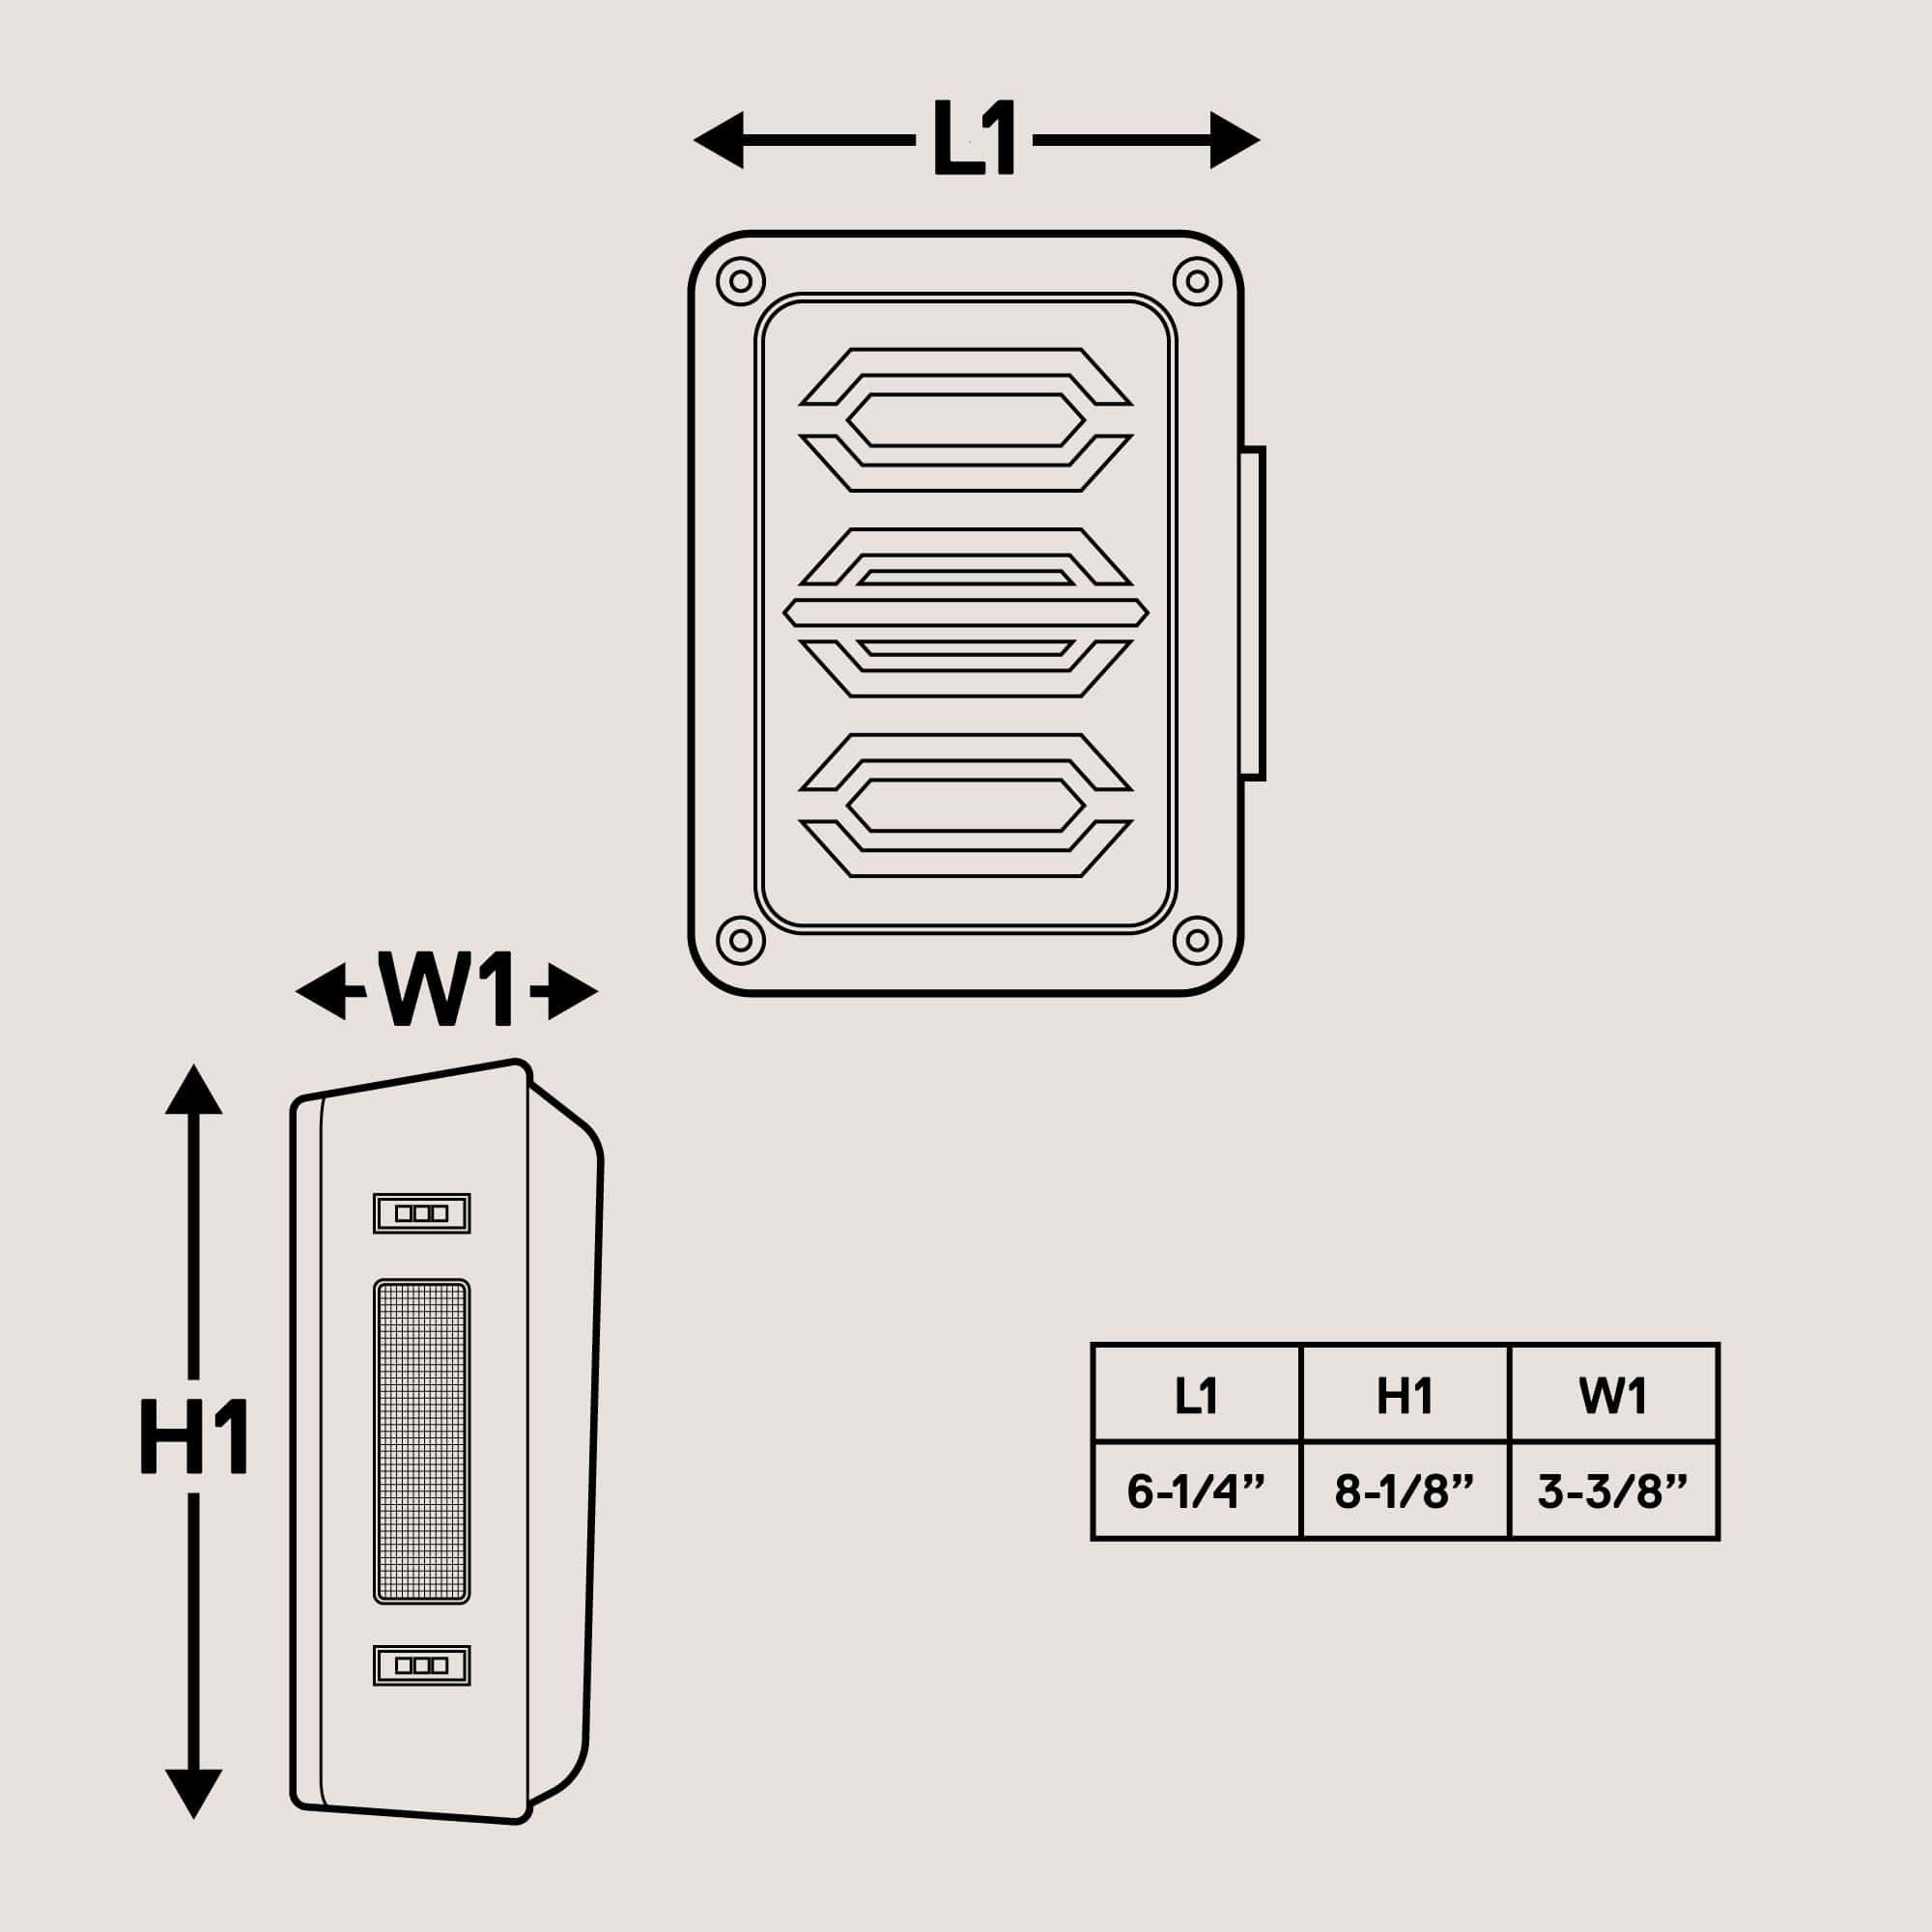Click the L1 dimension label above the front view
(974, 139)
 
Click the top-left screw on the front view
(741, 281)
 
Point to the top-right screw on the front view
(1196, 281)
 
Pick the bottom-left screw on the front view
(741, 940)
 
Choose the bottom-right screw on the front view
(1196, 940)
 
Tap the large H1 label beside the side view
(194, 1438)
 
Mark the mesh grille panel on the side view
(421, 1441)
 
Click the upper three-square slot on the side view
(421, 1213)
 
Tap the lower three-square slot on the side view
(421, 1665)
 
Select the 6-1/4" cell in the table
(1195, 1491)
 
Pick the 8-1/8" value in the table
(1404, 1491)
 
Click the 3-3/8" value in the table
(1612, 1491)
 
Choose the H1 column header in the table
(1404, 1395)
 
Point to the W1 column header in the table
(1612, 1395)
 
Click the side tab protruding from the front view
(1252, 613)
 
